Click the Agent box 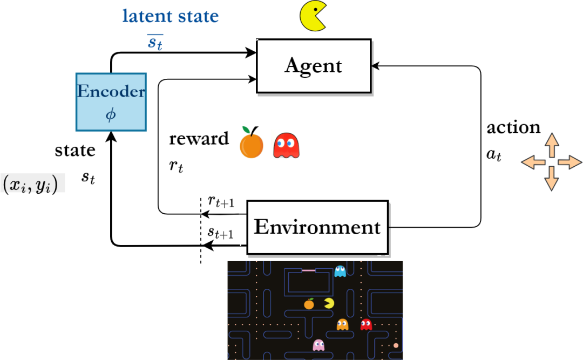pyautogui.click(x=313, y=66)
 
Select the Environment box pyautogui.click(x=317, y=227)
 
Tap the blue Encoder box pyautogui.click(x=111, y=101)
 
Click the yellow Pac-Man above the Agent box pyautogui.click(x=313, y=16)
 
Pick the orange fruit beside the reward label pyautogui.click(x=251, y=144)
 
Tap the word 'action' pyautogui.click(x=513, y=127)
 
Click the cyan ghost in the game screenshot pyautogui.click(x=340, y=271)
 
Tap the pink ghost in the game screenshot pyautogui.click(x=318, y=344)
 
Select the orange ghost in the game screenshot pyautogui.click(x=342, y=324)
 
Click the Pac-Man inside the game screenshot pyautogui.click(x=328, y=303)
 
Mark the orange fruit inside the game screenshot pyautogui.click(x=309, y=304)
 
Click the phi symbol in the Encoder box pyautogui.click(x=111, y=115)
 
